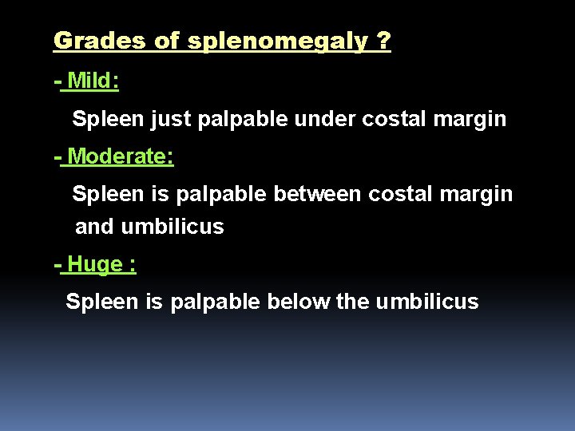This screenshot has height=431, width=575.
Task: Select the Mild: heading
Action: [x=93, y=81]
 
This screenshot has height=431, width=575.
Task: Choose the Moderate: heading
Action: [x=121, y=156]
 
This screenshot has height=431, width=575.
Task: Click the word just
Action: [x=170, y=120]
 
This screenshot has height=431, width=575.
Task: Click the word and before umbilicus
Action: [x=94, y=227]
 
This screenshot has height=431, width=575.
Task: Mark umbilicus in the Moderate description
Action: [x=172, y=227]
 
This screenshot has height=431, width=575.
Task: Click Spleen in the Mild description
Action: [x=106, y=120]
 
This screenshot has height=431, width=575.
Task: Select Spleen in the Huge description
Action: [x=100, y=302]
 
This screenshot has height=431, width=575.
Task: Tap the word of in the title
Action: [x=167, y=41]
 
